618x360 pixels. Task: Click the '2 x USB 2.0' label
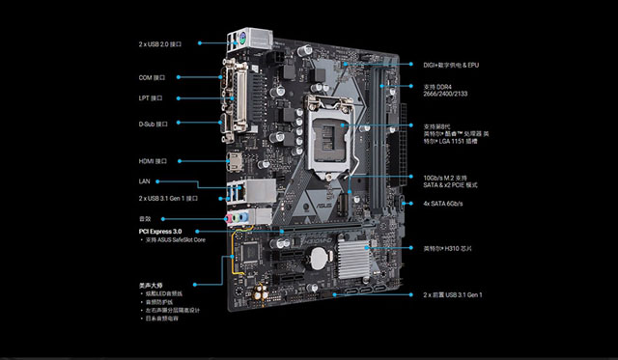tap(165, 42)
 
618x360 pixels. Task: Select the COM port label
tap(152, 76)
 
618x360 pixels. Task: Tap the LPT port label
tap(151, 97)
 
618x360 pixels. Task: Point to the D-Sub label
tap(154, 124)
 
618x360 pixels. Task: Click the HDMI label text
tap(154, 160)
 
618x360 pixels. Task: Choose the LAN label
tap(145, 180)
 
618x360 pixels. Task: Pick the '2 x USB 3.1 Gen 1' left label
tap(168, 198)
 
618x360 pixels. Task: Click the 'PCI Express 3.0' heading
tap(159, 232)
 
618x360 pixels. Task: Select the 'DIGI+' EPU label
tap(451, 65)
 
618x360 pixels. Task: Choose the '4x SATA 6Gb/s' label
tap(444, 204)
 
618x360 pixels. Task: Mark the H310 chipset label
tap(446, 248)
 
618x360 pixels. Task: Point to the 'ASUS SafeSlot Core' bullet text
tap(177, 241)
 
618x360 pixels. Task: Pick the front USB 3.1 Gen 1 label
tap(453, 294)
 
